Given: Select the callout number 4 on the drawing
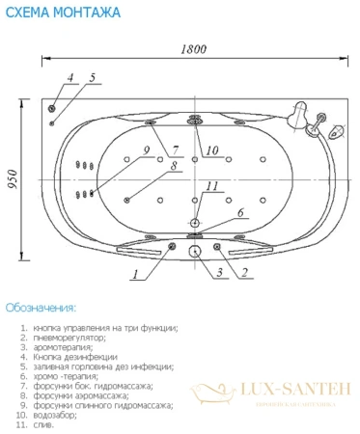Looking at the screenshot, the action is [69, 76].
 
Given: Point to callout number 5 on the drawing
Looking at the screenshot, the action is [92, 76].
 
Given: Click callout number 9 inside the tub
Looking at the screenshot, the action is [145, 150].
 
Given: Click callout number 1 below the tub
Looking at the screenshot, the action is [136, 274].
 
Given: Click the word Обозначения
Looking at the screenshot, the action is [40, 308].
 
